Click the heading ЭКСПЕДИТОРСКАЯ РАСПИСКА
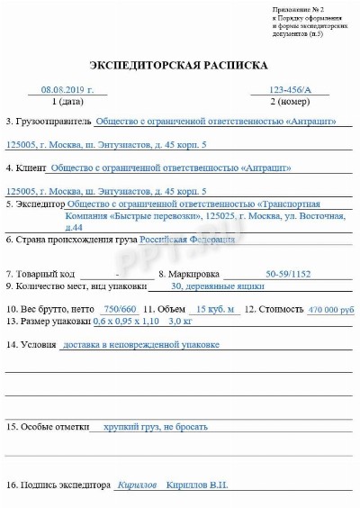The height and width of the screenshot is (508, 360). pos(179,66)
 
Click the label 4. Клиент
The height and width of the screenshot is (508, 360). pos(27,168)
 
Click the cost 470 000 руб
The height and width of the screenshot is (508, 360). pos(331,309)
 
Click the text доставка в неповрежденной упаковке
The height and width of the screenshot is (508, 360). pos(140,344)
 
